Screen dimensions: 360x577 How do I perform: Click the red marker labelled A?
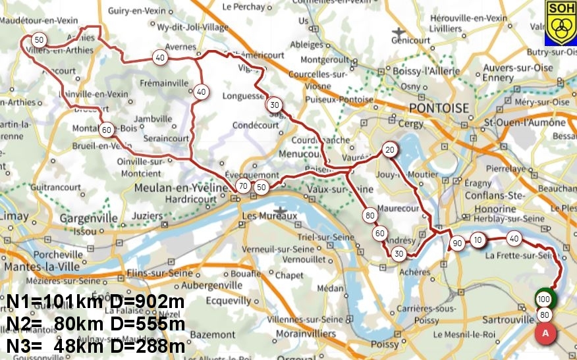(x=545, y=333)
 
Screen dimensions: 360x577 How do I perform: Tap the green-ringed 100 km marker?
(x=544, y=299)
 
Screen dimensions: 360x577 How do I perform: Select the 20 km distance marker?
(x=389, y=149)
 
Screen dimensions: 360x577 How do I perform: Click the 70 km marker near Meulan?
(x=243, y=187)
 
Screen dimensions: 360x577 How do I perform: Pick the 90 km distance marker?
(x=457, y=244)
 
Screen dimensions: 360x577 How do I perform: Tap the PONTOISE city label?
(x=439, y=109)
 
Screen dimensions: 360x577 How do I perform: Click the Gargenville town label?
(x=88, y=219)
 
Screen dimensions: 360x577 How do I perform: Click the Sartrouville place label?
(x=507, y=319)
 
